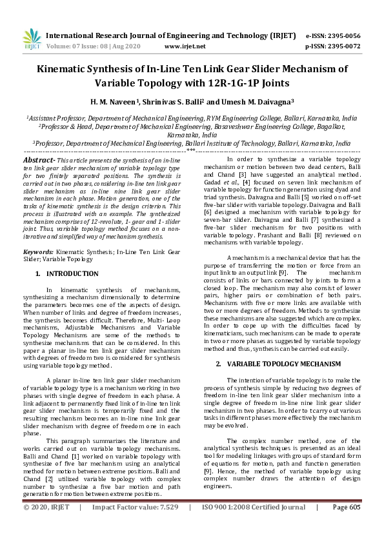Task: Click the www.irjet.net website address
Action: (185, 46)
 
